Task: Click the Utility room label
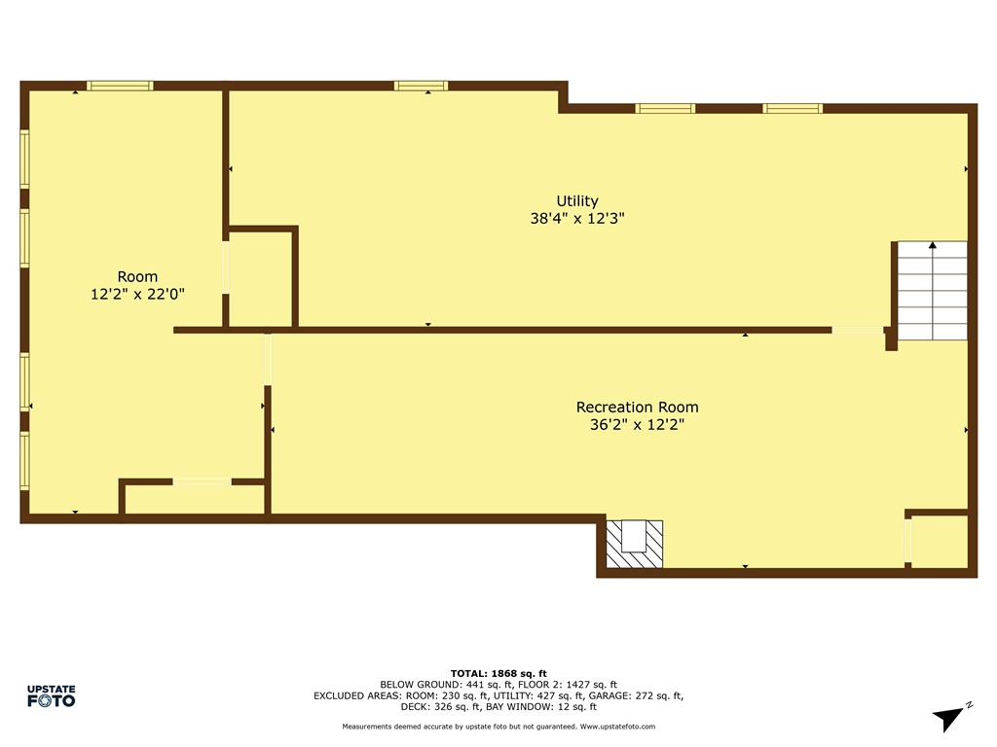577,201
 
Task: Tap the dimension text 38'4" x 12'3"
577,219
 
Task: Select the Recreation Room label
637,407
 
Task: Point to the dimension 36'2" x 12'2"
637,424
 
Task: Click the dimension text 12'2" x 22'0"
137,293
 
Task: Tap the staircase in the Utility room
932,290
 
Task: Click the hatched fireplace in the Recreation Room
634,543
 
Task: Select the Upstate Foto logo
51,695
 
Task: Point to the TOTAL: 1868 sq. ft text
498,673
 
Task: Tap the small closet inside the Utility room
261,279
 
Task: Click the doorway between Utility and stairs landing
857,330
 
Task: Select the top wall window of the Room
120,86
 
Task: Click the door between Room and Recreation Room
267,359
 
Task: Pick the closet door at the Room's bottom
203,480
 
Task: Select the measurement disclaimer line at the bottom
498,727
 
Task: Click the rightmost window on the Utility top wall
793,108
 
